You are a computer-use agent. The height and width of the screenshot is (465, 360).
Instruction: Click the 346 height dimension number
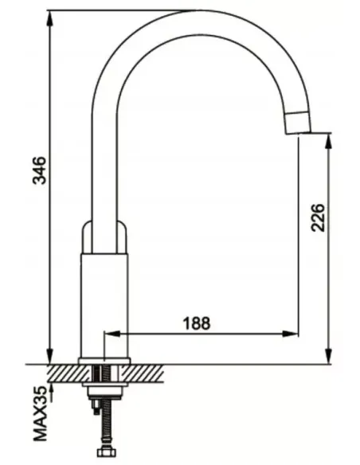[x=40, y=170]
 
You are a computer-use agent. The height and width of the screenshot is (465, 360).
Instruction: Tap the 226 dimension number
[x=318, y=217]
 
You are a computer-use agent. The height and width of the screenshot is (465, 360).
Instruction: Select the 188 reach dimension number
[x=197, y=323]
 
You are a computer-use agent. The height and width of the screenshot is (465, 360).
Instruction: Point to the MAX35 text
[x=41, y=413]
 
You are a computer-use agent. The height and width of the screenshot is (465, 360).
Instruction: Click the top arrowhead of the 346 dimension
[x=51, y=18]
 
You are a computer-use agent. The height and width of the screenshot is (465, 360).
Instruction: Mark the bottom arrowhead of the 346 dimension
[x=51, y=356]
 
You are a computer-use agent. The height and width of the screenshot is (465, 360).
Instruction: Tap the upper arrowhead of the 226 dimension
[x=329, y=142]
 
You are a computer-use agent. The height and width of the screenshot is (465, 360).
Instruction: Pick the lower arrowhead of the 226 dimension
[x=329, y=356]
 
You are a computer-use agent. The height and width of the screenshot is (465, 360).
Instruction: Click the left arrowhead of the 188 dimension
[x=112, y=334]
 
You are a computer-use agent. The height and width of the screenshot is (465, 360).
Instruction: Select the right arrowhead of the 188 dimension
[x=290, y=334]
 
